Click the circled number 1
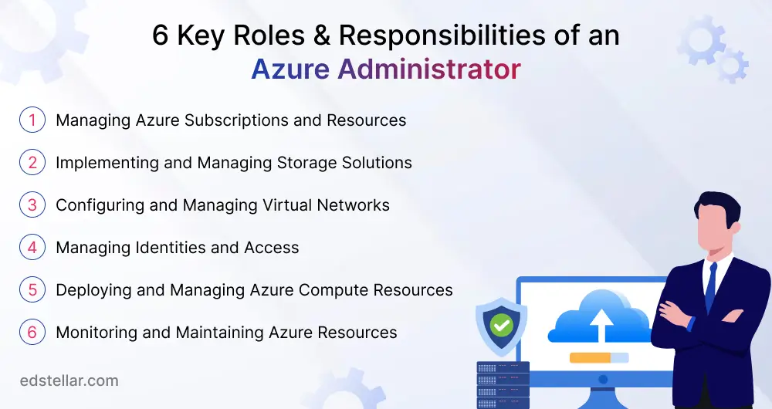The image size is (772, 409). pos(32,120)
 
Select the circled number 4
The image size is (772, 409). pos(32,248)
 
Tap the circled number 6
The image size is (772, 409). pos(32,333)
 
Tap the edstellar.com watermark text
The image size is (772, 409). pos(69,380)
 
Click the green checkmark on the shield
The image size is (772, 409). pos(502,326)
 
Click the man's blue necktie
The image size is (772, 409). pos(710,287)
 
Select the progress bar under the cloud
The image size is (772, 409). pos(599,357)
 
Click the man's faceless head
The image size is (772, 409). pos(718,224)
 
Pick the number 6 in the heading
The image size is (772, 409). pos(160,36)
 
